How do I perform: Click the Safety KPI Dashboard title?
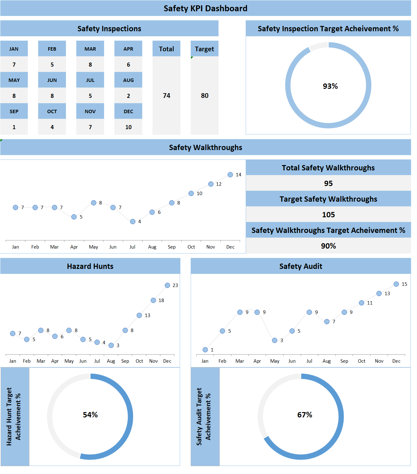pyautogui.click(x=205, y=8)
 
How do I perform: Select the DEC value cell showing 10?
pyautogui.click(x=128, y=127)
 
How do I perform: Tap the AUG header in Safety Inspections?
pyautogui.click(x=128, y=80)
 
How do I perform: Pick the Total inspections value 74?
pyautogui.click(x=166, y=96)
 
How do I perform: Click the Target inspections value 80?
pyautogui.click(x=204, y=96)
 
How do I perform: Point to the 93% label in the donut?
pyautogui.click(x=330, y=86)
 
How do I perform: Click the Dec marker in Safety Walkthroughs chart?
pyautogui.click(x=230, y=175)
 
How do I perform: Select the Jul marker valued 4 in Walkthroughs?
pyautogui.click(x=133, y=222)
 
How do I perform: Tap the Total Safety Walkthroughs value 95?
pyautogui.click(x=328, y=184)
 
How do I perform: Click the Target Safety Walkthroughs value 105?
pyautogui.click(x=328, y=215)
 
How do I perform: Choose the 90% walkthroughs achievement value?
pyautogui.click(x=328, y=246)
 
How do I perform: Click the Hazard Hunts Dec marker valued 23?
pyautogui.click(x=167, y=285)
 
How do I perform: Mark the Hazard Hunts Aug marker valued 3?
pyautogui.click(x=111, y=345)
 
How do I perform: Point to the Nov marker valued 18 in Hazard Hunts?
pyautogui.click(x=153, y=300)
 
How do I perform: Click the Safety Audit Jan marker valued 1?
pyautogui.click(x=205, y=350)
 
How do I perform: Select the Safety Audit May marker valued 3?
pyautogui.click(x=274, y=340)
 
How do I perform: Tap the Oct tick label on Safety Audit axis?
pyautogui.click(x=361, y=361)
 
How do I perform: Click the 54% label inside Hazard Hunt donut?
pyautogui.click(x=90, y=415)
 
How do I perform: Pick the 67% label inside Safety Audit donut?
pyautogui.click(x=304, y=415)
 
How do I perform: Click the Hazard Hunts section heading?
pyautogui.click(x=90, y=266)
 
